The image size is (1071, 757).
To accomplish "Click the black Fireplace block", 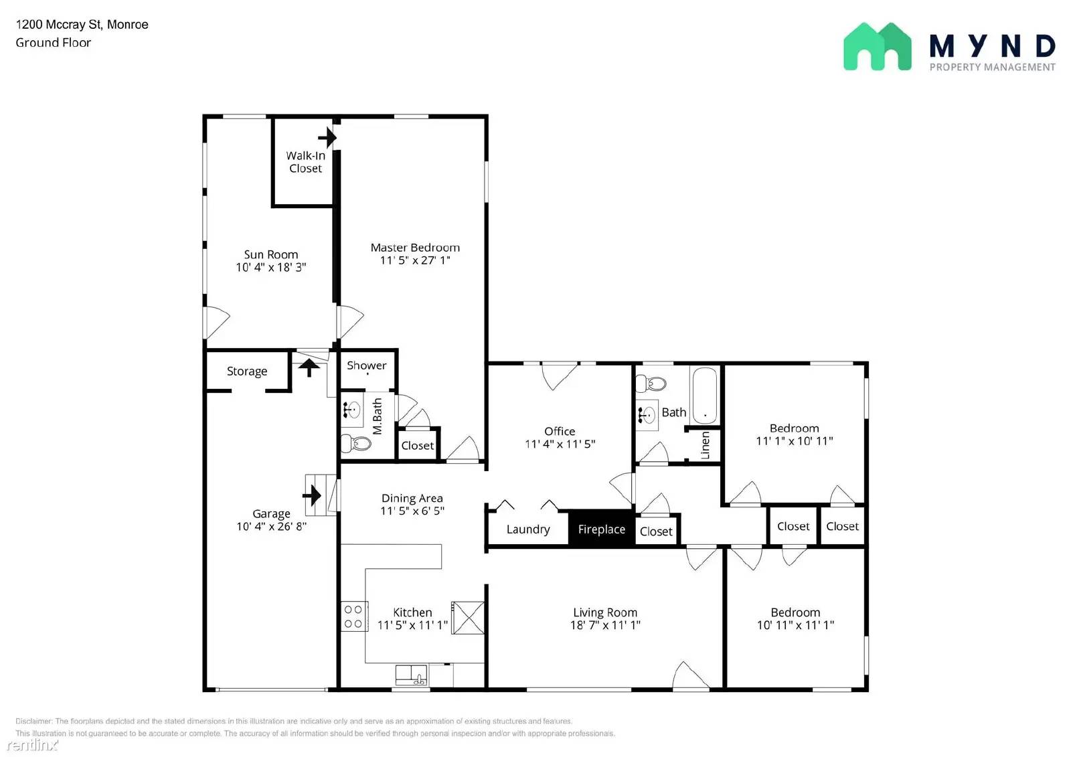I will tap(601, 529).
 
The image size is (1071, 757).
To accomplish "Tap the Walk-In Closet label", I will tap(305, 162).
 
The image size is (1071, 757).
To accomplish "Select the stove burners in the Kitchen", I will tap(353, 616).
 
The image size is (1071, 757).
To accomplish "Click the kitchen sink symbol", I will tap(411, 675).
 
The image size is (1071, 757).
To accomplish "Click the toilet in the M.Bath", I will tap(356, 443).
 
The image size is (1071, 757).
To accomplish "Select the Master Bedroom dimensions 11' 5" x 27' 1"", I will tap(415, 260).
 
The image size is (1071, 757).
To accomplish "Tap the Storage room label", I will tap(246, 371).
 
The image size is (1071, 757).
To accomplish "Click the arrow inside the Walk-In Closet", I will tap(327, 138).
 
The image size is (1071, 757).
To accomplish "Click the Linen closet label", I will tap(705, 445).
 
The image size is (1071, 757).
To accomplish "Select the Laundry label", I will tap(528, 529).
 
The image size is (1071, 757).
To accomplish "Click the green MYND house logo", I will tap(877, 47).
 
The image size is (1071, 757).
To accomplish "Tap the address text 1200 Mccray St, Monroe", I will tap(82, 25).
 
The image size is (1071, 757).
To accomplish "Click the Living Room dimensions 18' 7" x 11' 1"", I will tap(605, 625).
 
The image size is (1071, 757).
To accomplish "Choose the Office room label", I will tap(560, 432).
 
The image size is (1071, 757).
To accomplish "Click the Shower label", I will tap(366, 365).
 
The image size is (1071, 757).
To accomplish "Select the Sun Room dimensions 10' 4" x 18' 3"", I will tap(270, 267).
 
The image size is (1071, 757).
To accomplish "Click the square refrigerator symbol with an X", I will tap(468, 617).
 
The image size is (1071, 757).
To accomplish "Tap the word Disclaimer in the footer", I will tap(33, 721).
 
